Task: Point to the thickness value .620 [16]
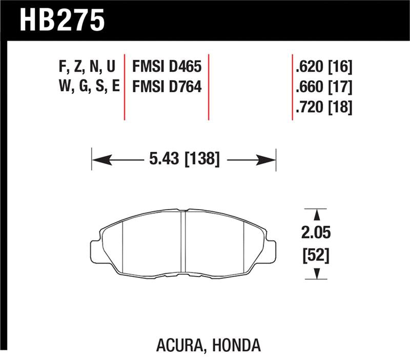tap(323, 67)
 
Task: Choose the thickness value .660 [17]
tap(323, 87)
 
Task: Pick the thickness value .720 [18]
tap(323, 107)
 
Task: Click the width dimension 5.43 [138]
tap(184, 160)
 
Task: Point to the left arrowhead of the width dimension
tap(99, 160)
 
